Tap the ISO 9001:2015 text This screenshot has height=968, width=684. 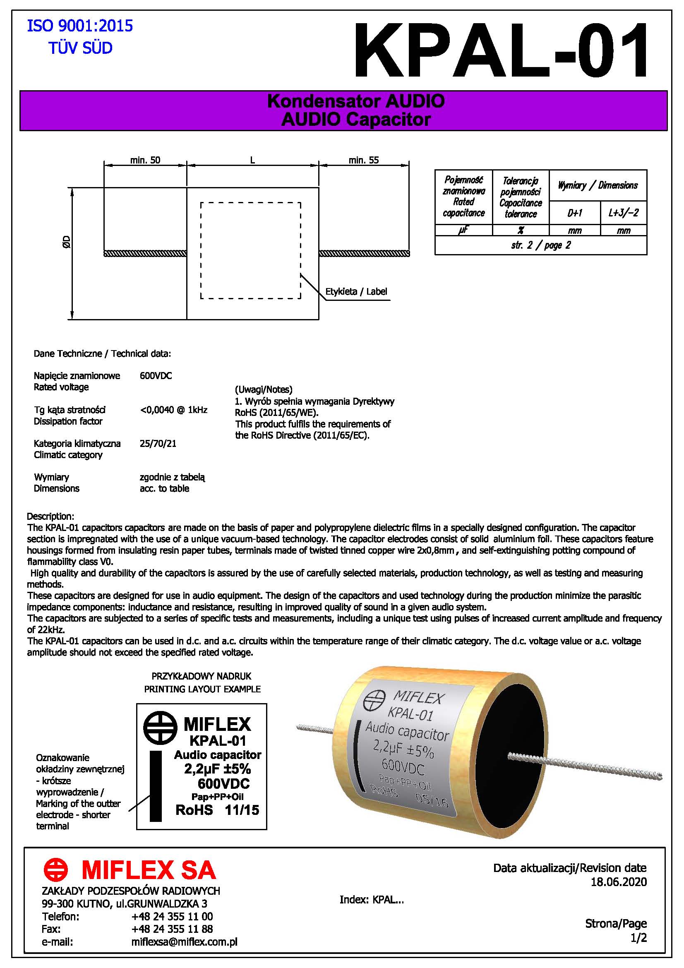80,26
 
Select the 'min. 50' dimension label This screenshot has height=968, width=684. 145,160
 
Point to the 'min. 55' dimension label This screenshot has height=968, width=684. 363,160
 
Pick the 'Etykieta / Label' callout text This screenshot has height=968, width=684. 356,291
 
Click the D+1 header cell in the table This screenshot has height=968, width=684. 574,213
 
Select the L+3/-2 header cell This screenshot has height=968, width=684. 623,213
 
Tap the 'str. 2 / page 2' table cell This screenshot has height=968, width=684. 541,245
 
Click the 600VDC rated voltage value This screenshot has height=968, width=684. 156,376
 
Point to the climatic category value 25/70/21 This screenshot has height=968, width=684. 158,444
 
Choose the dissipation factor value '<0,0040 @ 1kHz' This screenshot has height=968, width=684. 174,410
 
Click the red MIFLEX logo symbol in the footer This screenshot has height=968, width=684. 55,870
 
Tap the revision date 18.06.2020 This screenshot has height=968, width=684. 618,882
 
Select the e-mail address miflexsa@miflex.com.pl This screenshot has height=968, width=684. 184,942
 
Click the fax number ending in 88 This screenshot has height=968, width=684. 172,929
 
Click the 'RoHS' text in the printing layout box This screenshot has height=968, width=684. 194,809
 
